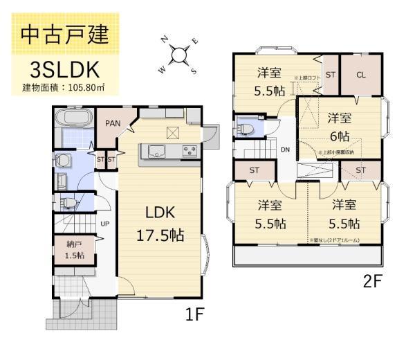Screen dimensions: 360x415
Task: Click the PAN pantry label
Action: click(113, 124)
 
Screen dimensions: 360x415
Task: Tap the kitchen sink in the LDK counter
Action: click(153, 150)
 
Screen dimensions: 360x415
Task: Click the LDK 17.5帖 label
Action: click(163, 223)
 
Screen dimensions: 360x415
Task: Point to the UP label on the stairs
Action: click(104, 224)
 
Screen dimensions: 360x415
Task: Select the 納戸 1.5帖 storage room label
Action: click(75, 250)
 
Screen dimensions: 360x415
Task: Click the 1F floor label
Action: click(195, 316)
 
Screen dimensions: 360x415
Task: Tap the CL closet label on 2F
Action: click(361, 75)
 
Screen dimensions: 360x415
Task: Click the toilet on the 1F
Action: click(68, 203)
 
